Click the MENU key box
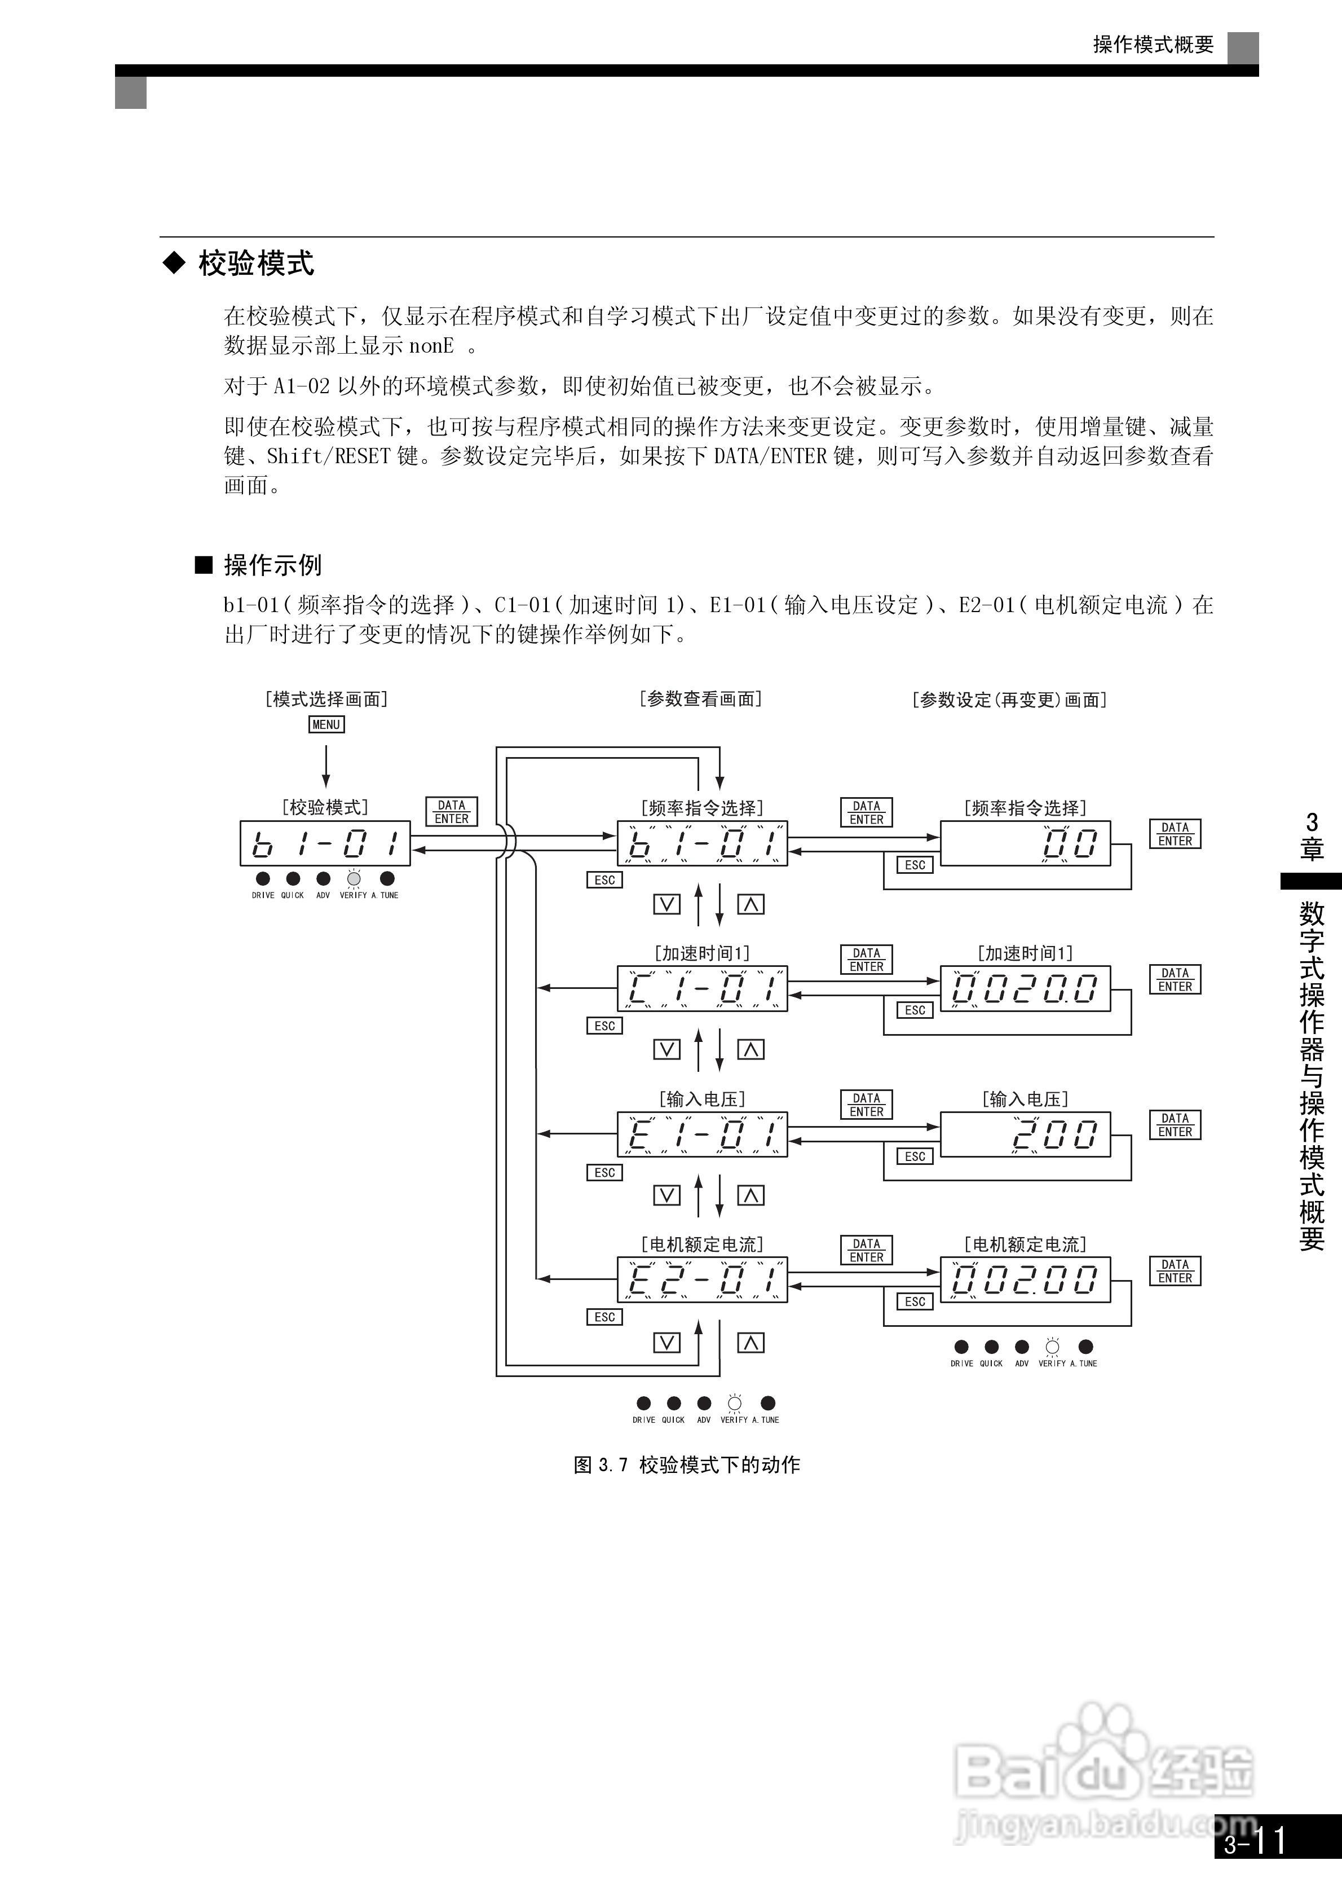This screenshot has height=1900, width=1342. (326, 724)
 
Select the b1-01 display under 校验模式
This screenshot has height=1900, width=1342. (325, 843)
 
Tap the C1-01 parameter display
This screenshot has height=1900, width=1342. (701, 988)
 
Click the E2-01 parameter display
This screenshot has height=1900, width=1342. (701, 1279)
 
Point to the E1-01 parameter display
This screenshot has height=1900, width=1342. (701, 1134)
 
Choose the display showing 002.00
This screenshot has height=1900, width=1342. (1025, 1279)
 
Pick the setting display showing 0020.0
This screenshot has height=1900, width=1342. (1025, 988)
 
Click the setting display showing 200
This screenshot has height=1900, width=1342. (1025, 1134)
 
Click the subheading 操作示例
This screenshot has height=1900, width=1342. (272, 565)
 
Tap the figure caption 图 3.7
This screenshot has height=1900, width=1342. (687, 1464)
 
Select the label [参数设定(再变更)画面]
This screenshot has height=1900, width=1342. (1009, 700)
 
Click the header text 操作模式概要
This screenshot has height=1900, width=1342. (1153, 45)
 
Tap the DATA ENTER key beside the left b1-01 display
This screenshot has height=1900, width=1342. (452, 812)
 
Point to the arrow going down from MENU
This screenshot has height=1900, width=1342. (326, 766)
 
